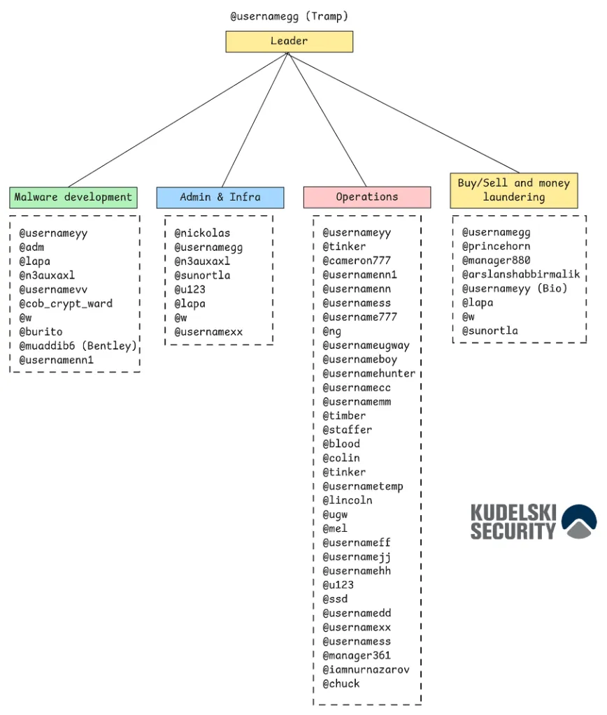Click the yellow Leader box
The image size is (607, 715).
pyautogui.click(x=289, y=42)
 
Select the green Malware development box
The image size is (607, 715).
pyautogui.click(x=73, y=197)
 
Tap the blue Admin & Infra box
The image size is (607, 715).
pyautogui.click(x=220, y=197)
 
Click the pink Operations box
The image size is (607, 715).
pyautogui.click(x=366, y=197)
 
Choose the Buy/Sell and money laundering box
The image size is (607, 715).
pyautogui.click(x=514, y=190)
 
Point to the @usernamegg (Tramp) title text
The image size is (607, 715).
pyautogui.click(x=289, y=15)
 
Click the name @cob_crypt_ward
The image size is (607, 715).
pyautogui.click(x=66, y=303)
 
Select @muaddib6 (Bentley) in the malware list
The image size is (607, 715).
pyautogui.click(x=78, y=346)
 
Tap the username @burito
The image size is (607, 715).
pyautogui.click(x=41, y=332)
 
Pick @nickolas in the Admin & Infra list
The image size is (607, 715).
pyautogui.click(x=202, y=233)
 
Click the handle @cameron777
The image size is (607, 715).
pyautogui.click(x=357, y=261)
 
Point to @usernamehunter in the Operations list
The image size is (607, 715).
pyautogui.click(x=369, y=373)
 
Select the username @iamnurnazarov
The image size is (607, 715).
pyautogui.click(x=366, y=670)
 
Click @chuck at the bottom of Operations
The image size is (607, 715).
pyautogui.click(x=341, y=684)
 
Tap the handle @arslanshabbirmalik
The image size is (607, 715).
pyautogui.click(x=521, y=275)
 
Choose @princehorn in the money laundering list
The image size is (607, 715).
pyautogui.click(x=496, y=246)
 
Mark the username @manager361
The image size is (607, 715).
pyautogui.click(x=357, y=656)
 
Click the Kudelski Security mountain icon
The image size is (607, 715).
pyautogui.click(x=579, y=521)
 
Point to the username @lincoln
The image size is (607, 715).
pyautogui.click(x=348, y=500)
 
